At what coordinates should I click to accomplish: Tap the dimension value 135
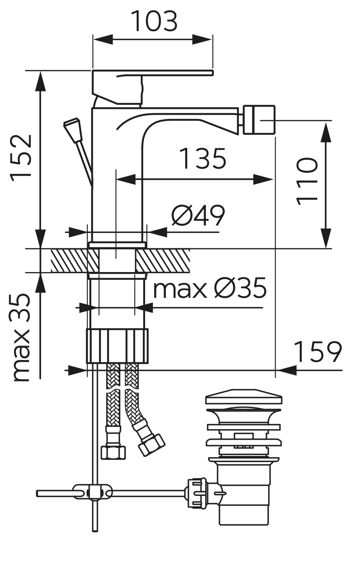tap(203, 158)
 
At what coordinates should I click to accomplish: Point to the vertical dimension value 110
tap(307, 181)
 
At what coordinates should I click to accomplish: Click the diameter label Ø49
tap(198, 215)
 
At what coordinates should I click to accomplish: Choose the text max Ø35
tap(210, 288)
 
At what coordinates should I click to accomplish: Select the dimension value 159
tap(318, 352)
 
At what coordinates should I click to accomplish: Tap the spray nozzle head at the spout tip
tap(259, 120)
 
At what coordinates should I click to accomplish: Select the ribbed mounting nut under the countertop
tap(117, 346)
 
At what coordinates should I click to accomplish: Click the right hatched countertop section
tap(163, 260)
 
